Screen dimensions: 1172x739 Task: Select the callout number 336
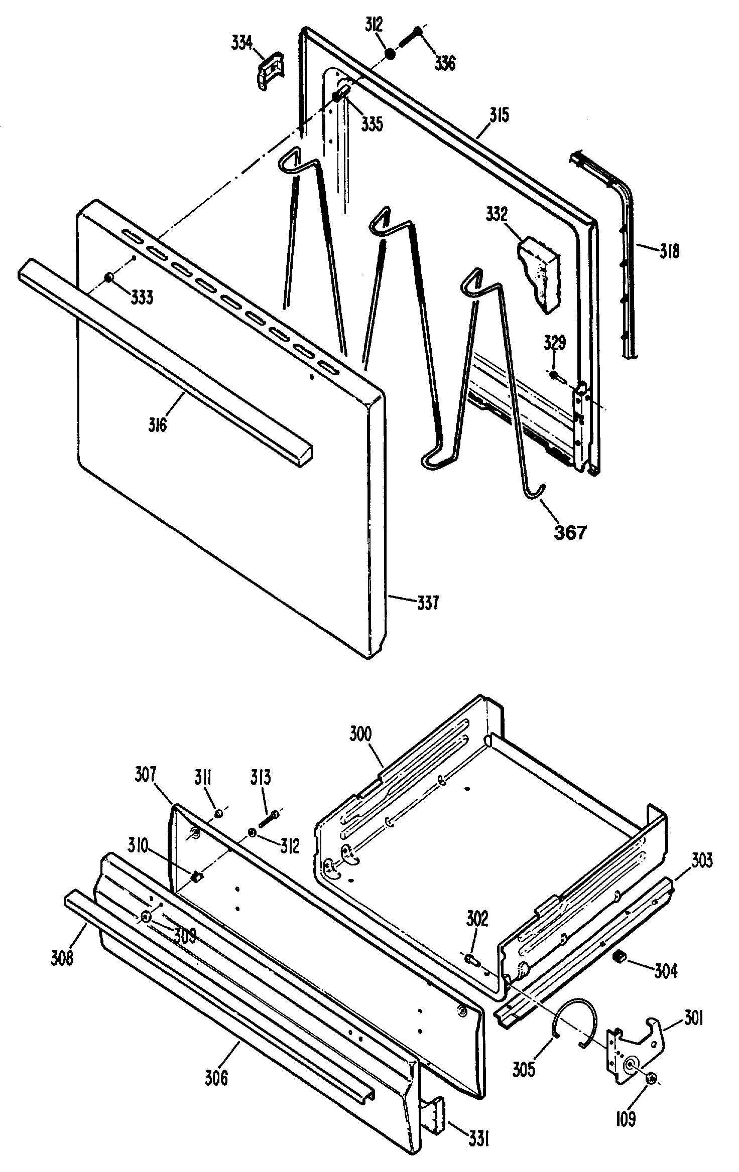click(x=445, y=63)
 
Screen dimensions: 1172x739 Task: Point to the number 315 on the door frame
click(x=499, y=115)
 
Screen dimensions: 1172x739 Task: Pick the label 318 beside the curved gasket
click(x=669, y=250)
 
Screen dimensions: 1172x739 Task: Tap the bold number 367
click(x=570, y=532)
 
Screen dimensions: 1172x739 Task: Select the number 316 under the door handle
click(x=157, y=425)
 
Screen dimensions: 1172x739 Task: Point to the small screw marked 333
click(x=109, y=277)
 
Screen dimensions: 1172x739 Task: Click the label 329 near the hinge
click(x=555, y=344)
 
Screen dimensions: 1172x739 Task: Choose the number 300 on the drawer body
click(x=360, y=735)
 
